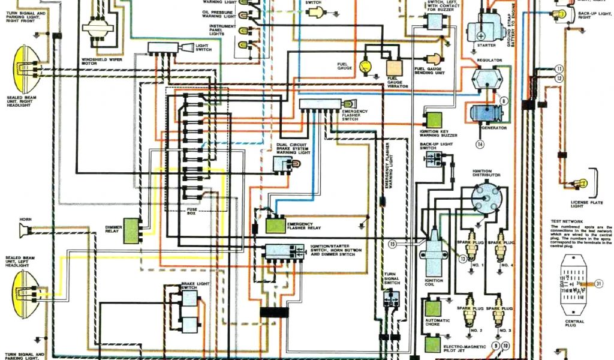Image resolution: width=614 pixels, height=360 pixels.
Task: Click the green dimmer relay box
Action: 131,231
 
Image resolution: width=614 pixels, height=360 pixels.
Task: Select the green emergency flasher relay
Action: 276,225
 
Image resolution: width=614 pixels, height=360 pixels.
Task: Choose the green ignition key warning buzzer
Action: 434,120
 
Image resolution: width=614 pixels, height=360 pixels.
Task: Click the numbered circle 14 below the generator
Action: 480,144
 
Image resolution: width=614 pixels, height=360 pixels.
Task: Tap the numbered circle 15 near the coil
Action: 393,244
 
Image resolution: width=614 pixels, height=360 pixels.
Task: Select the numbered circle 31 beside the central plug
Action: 599,284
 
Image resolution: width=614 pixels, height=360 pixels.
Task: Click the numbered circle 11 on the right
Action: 559,68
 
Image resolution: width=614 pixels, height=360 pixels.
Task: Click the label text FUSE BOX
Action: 192,211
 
